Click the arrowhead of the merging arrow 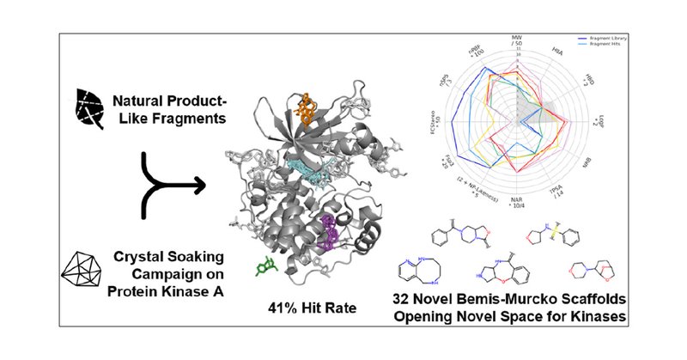coord(199,184)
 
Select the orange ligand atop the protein coord(306,107)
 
